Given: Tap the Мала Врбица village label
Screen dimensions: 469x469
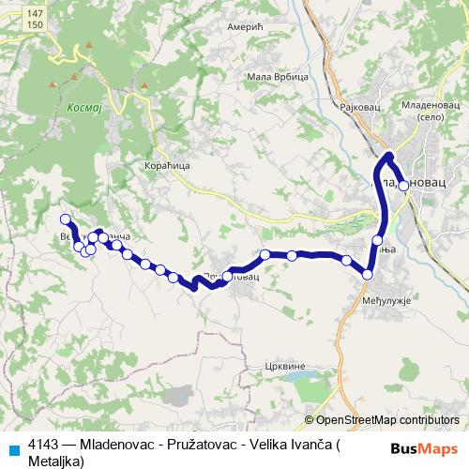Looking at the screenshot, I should click(269, 76).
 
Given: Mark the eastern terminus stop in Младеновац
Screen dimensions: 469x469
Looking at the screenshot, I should click(403, 186).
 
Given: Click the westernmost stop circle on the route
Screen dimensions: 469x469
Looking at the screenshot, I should click(66, 219).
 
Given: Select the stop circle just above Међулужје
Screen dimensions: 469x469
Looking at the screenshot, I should click(368, 274).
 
